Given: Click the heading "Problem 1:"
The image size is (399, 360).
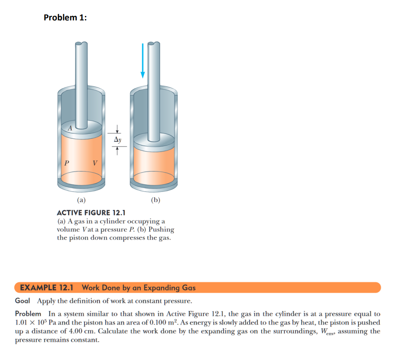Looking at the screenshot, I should [65, 18].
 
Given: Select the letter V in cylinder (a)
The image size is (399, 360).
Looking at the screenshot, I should [95, 163].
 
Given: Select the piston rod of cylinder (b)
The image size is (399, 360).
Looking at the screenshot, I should [154, 90].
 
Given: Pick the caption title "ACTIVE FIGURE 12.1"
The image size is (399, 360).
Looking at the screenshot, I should [91, 213].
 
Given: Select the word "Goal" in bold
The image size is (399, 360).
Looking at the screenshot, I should [24, 301].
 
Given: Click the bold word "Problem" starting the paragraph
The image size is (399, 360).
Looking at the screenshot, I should [28, 314].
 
